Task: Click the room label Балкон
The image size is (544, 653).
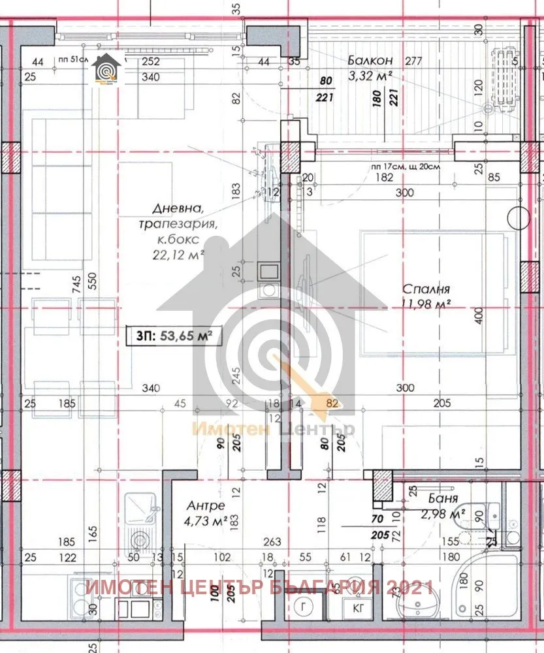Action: point(370,61)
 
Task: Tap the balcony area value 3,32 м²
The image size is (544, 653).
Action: point(371,75)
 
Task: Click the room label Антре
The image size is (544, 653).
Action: point(206,506)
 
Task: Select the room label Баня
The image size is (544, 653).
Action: point(432,502)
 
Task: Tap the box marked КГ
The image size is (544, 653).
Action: point(359,609)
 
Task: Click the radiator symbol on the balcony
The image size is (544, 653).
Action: point(504,78)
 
